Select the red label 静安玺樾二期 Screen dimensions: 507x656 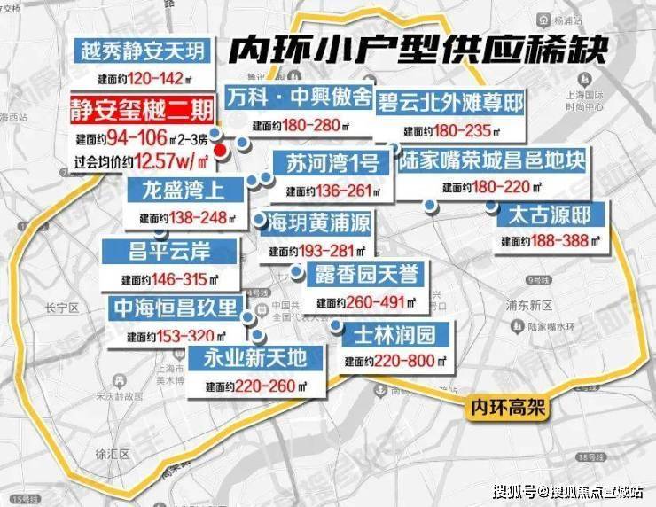pos(143,111)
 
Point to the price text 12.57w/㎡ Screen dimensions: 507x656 pos(173,160)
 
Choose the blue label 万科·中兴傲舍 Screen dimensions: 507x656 pos(298,97)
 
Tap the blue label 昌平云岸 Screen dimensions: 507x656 pos(158,252)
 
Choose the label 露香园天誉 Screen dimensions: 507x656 pos(365,273)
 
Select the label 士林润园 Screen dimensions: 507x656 pos(394,335)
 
